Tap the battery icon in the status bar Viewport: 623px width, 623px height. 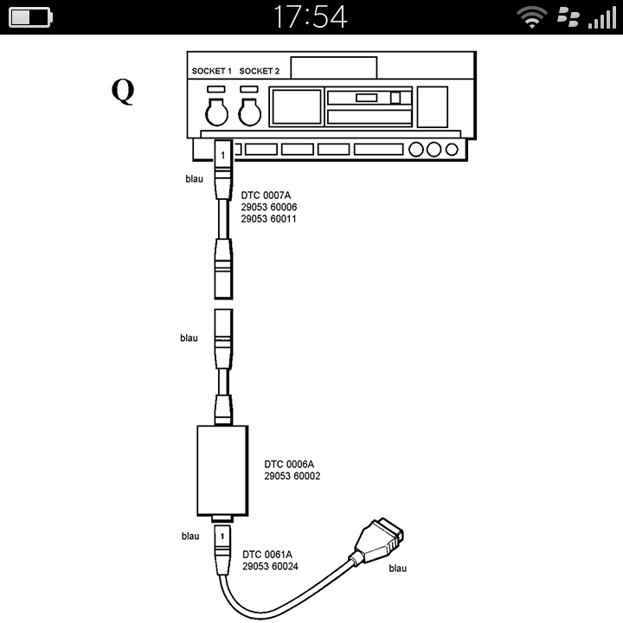tap(30, 16)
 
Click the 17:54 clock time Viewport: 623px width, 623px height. tap(311, 16)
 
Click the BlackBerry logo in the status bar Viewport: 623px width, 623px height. tap(567, 16)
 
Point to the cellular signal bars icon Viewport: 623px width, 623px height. tap(601, 16)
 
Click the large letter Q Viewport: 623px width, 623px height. tap(123, 92)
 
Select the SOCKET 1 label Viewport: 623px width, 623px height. tap(211, 70)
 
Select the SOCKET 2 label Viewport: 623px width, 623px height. tap(259, 70)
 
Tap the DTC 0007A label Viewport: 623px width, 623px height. tap(266, 196)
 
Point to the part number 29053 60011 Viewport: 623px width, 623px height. tap(268, 220)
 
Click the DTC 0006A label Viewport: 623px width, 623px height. tap(290, 464)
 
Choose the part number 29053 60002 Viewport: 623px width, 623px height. tap(292, 476)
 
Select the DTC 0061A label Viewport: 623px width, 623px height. tap(267, 554)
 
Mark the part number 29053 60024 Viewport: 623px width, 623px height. tap(270, 566)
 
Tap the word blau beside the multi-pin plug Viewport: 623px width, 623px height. tap(398, 568)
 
